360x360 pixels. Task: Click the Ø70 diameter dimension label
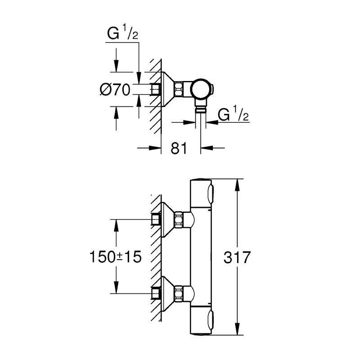115,90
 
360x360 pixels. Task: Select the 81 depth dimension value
179,148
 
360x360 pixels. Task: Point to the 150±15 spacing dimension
116,257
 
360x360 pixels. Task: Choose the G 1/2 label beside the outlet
233,115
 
